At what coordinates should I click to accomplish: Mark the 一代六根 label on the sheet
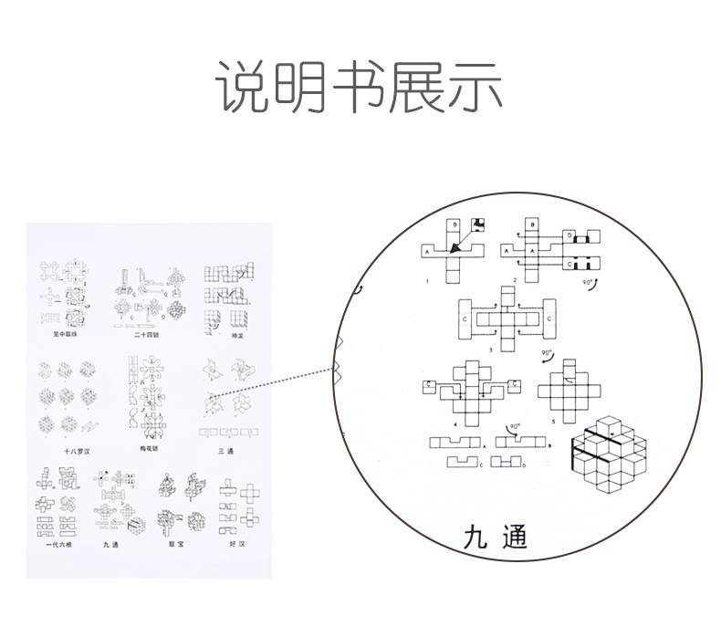pos(57,545)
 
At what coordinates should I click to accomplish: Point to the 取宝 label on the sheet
pos(177,545)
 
